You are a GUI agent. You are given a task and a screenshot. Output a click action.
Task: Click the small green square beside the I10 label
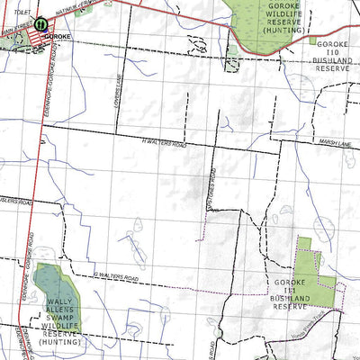[312, 40]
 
